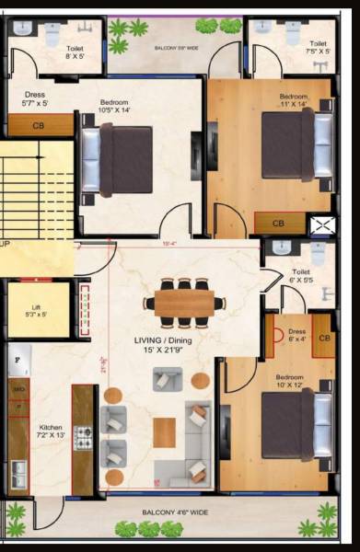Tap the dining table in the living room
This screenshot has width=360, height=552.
(184, 303)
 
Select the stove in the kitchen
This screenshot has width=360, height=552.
(83, 438)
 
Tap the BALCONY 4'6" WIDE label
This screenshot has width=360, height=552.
(174, 512)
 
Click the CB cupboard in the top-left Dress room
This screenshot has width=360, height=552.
(39, 125)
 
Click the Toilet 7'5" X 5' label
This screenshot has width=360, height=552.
(318, 48)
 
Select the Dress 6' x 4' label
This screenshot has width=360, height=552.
(297, 335)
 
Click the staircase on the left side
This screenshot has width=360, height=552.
(34, 192)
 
